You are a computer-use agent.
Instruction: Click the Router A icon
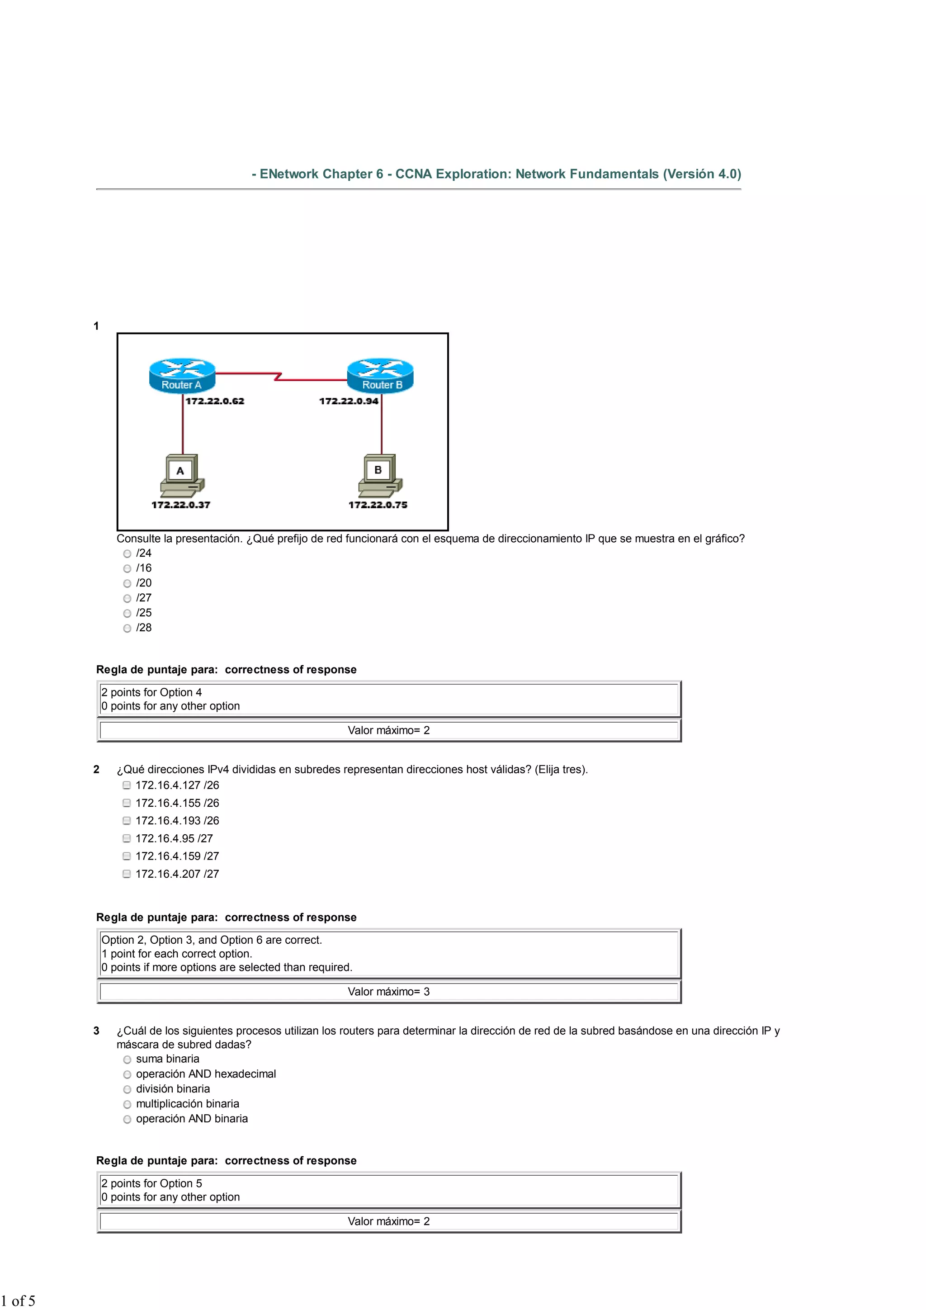(x=182, y=375)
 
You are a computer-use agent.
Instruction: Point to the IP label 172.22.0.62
(x=214, y=401)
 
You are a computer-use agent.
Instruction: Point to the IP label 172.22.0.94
(x=348, y=401)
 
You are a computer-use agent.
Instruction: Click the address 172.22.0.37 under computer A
(x=181, y=505)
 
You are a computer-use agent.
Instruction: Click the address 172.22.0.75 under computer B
(x=378, y=505)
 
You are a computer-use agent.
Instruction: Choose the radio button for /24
(x=127, y=553)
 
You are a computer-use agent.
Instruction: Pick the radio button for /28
(x=127, y=628)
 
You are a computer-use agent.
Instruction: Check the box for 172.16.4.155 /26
(x=127, y=803)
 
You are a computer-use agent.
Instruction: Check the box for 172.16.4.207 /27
(x=127, y=874)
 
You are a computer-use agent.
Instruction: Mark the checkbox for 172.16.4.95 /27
(x=127, y=838)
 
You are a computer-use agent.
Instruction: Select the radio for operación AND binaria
(x=127, y=1120)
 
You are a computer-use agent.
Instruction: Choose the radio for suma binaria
(x=127, y=1059)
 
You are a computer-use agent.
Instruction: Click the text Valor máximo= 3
(x=388, y=992)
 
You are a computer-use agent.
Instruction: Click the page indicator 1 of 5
(x=18, y=1301)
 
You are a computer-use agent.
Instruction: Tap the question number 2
(x=96, y=770)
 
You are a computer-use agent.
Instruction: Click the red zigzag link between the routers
(x=278, y=377)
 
